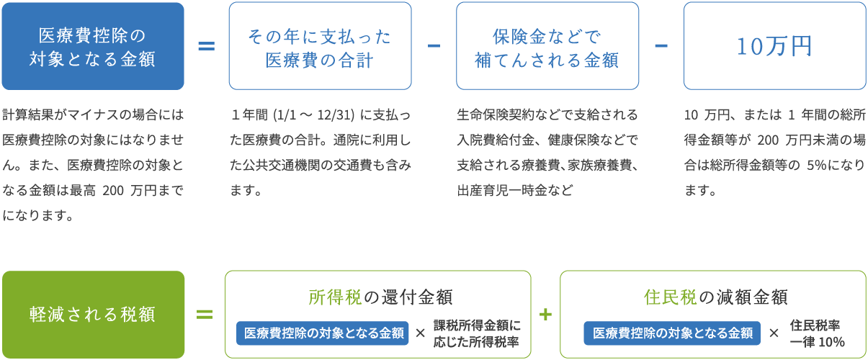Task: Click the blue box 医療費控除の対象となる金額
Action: tap(92, 46)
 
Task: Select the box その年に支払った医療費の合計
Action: tap(320, 46)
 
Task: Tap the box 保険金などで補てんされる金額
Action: tap(547, 46)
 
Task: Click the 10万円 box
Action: tap(774, 46)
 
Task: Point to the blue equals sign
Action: tap(206, 46)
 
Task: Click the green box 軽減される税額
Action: tap(92, 315)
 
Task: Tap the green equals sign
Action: tap(205, 315)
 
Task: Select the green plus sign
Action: tap(545, 315)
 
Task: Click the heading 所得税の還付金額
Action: tap(380, 296)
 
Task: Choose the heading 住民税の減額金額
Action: tap(715, 296)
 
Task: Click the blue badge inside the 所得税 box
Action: tap(322, 333)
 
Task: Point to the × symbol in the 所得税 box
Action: tap(421, 333)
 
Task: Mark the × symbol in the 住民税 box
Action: tap(774, 333)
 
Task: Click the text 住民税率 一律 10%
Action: tap(817, 333)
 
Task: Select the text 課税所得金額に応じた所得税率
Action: tap(477, 333)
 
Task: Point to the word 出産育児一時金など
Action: tap(515, 191)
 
